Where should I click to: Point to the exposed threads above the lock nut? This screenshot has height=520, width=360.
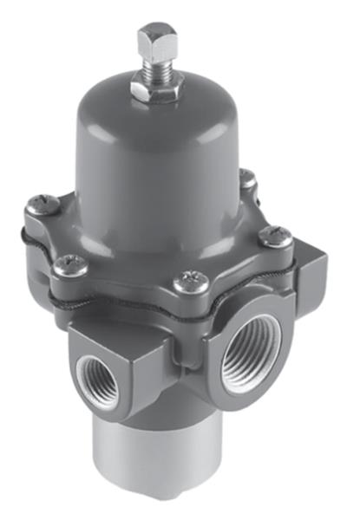pyautogui.click(x=156, y=66)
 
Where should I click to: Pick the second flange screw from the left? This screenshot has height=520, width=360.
pyautogui.click(x=69, y=265)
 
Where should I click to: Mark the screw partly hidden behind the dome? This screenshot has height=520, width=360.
pyautogui.click(x=248, y=179)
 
